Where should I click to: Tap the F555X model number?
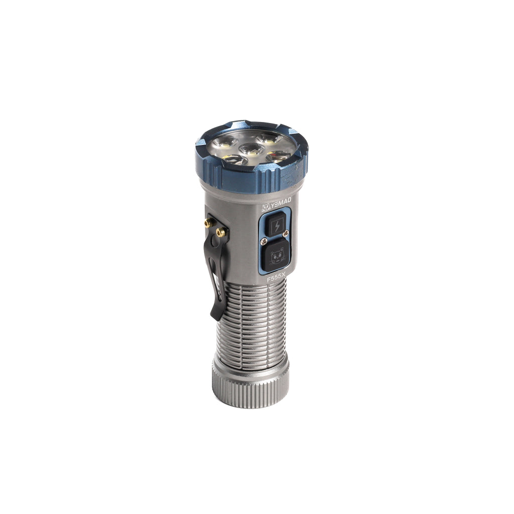(277, 279)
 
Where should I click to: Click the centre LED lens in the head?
(251, 150)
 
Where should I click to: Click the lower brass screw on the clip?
(220, 233)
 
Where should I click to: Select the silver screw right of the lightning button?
(286, 233)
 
